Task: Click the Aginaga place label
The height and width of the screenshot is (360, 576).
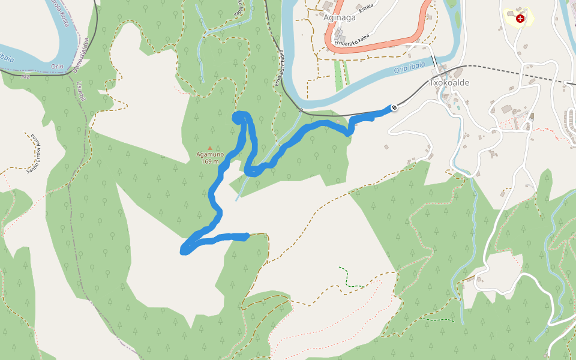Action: click(340, 17)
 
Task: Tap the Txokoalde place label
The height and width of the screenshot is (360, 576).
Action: click(449, 83)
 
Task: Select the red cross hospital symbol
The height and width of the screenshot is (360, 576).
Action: click(520, 19)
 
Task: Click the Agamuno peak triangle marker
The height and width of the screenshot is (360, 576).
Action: click(209, 148)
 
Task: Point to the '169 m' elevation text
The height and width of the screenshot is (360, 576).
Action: click(209, 161)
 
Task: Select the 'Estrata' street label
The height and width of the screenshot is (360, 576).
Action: click(365, 7)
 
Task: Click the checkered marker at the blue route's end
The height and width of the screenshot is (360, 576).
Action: click(394, 108)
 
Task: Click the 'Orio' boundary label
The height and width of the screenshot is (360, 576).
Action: click(57, 66)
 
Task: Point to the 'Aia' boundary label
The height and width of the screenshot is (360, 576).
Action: click(25, 77)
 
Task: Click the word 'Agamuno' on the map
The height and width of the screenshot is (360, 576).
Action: click(209, 154)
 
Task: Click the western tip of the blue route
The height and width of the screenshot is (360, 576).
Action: click(184, 251)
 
